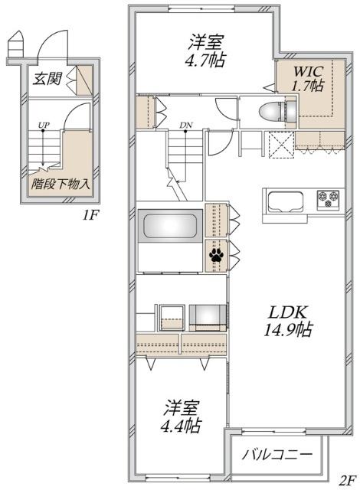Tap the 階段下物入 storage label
(61, 184)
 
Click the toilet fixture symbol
(275, 110)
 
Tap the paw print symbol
(214, 252)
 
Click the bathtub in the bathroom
(171, 227)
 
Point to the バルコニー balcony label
(277, 454)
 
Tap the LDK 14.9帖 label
(287, 322)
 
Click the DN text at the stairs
(186, 125)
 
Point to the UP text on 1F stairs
(45, 125)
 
